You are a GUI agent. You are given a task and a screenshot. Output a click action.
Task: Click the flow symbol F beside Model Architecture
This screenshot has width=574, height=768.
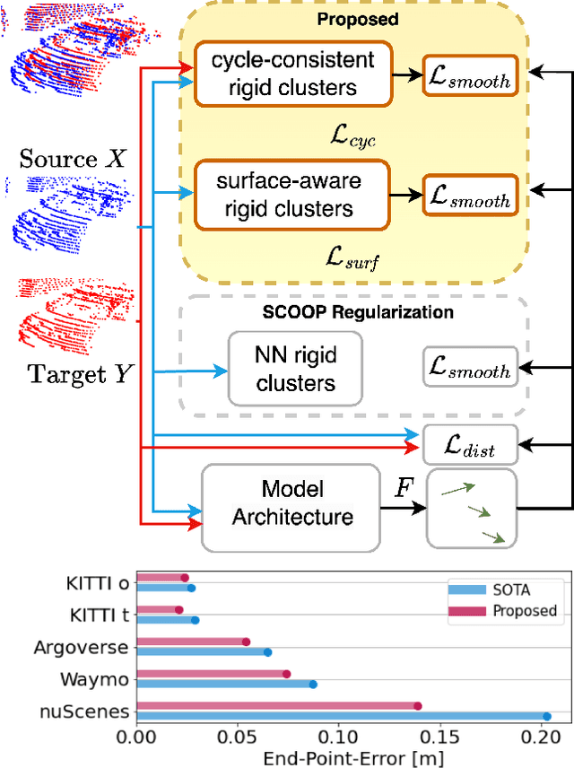pyautogui.click(x=404, y=490)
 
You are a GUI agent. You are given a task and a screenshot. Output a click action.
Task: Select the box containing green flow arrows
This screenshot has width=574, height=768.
pyautogui.click(x=471, y=508)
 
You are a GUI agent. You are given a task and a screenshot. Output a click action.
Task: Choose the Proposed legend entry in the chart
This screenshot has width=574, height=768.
pyautogui.click(x=524, y=611)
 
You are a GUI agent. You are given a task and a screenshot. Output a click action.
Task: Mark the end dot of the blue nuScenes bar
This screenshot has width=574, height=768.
pyautogui.click(x=547, y=716)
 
